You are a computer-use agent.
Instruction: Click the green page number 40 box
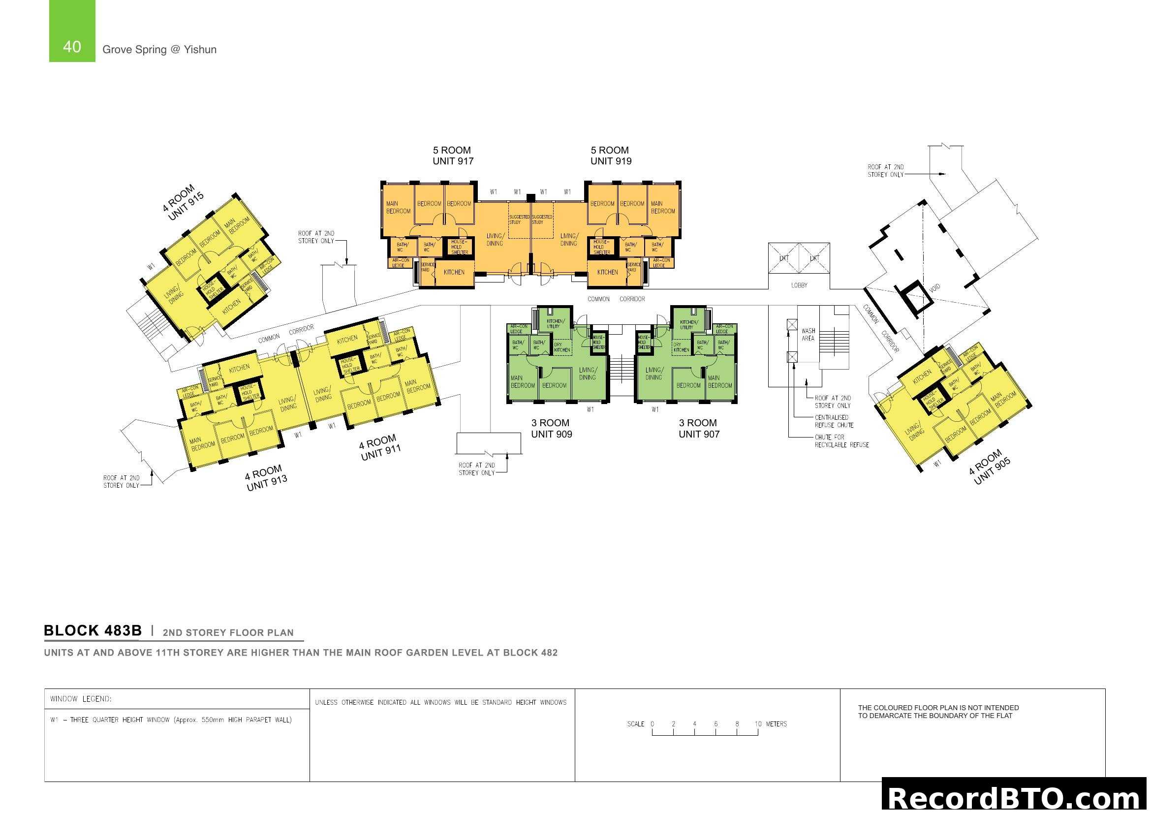[x=72, y=31]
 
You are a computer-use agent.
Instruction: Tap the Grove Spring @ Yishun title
[x=159, y=50]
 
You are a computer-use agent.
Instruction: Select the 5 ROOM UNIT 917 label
[x=453, y=156]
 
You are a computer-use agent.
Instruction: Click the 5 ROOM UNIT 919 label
[x=611, y=156]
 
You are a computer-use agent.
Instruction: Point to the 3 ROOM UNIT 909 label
[x=551, y=429]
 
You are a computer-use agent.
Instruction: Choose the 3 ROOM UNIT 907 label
[x=699, y=429]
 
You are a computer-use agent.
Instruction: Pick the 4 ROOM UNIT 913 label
[x=265, y=478]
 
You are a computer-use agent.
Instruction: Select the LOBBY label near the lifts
[x=799, y=285]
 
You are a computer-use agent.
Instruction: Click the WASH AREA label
[x=808, y=335]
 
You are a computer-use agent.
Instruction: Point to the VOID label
[x=934, y=288]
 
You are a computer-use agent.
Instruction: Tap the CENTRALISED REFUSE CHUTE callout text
[x=834, y=421]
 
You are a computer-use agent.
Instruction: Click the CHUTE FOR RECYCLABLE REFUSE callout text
[x=841, y=441]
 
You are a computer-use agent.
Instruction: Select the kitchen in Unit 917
[x=454, y=272]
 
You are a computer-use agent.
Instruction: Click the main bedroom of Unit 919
[x=662, y=208]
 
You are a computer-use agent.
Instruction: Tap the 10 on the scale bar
[x=758, y=724]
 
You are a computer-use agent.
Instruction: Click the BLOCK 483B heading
[x=93, y=630]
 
